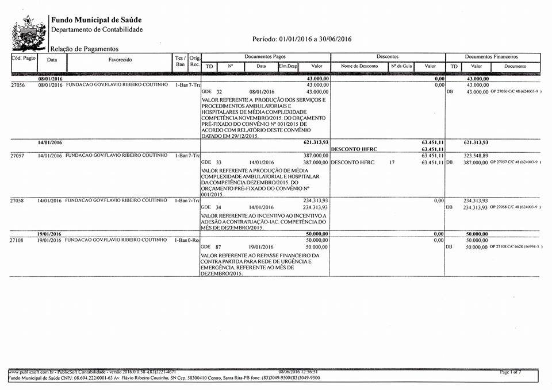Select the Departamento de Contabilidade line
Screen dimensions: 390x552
(x=97, y=29)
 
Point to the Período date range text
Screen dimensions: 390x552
(x=302, y=39)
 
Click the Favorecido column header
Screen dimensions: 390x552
(x=120, y=59)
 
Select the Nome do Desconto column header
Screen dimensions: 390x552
(x=359, y=66)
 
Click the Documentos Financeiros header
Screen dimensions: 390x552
(x=491, y=57)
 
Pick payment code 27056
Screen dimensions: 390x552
(x=20, y=84)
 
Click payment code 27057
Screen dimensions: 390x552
(x=20, y=156)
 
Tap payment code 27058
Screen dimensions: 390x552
(x=20, y=200)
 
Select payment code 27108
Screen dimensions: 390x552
(x=20, y=240)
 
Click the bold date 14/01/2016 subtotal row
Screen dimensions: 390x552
(x=50, y=142)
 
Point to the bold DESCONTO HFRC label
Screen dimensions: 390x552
(x=354, y=149)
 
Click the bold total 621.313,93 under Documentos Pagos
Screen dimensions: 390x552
(x=316, y=142)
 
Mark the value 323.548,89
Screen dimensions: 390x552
(x=476, y=156)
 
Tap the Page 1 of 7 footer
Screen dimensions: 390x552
(x=511, y=373)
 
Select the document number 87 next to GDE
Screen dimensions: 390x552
(x=218, y=246)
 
